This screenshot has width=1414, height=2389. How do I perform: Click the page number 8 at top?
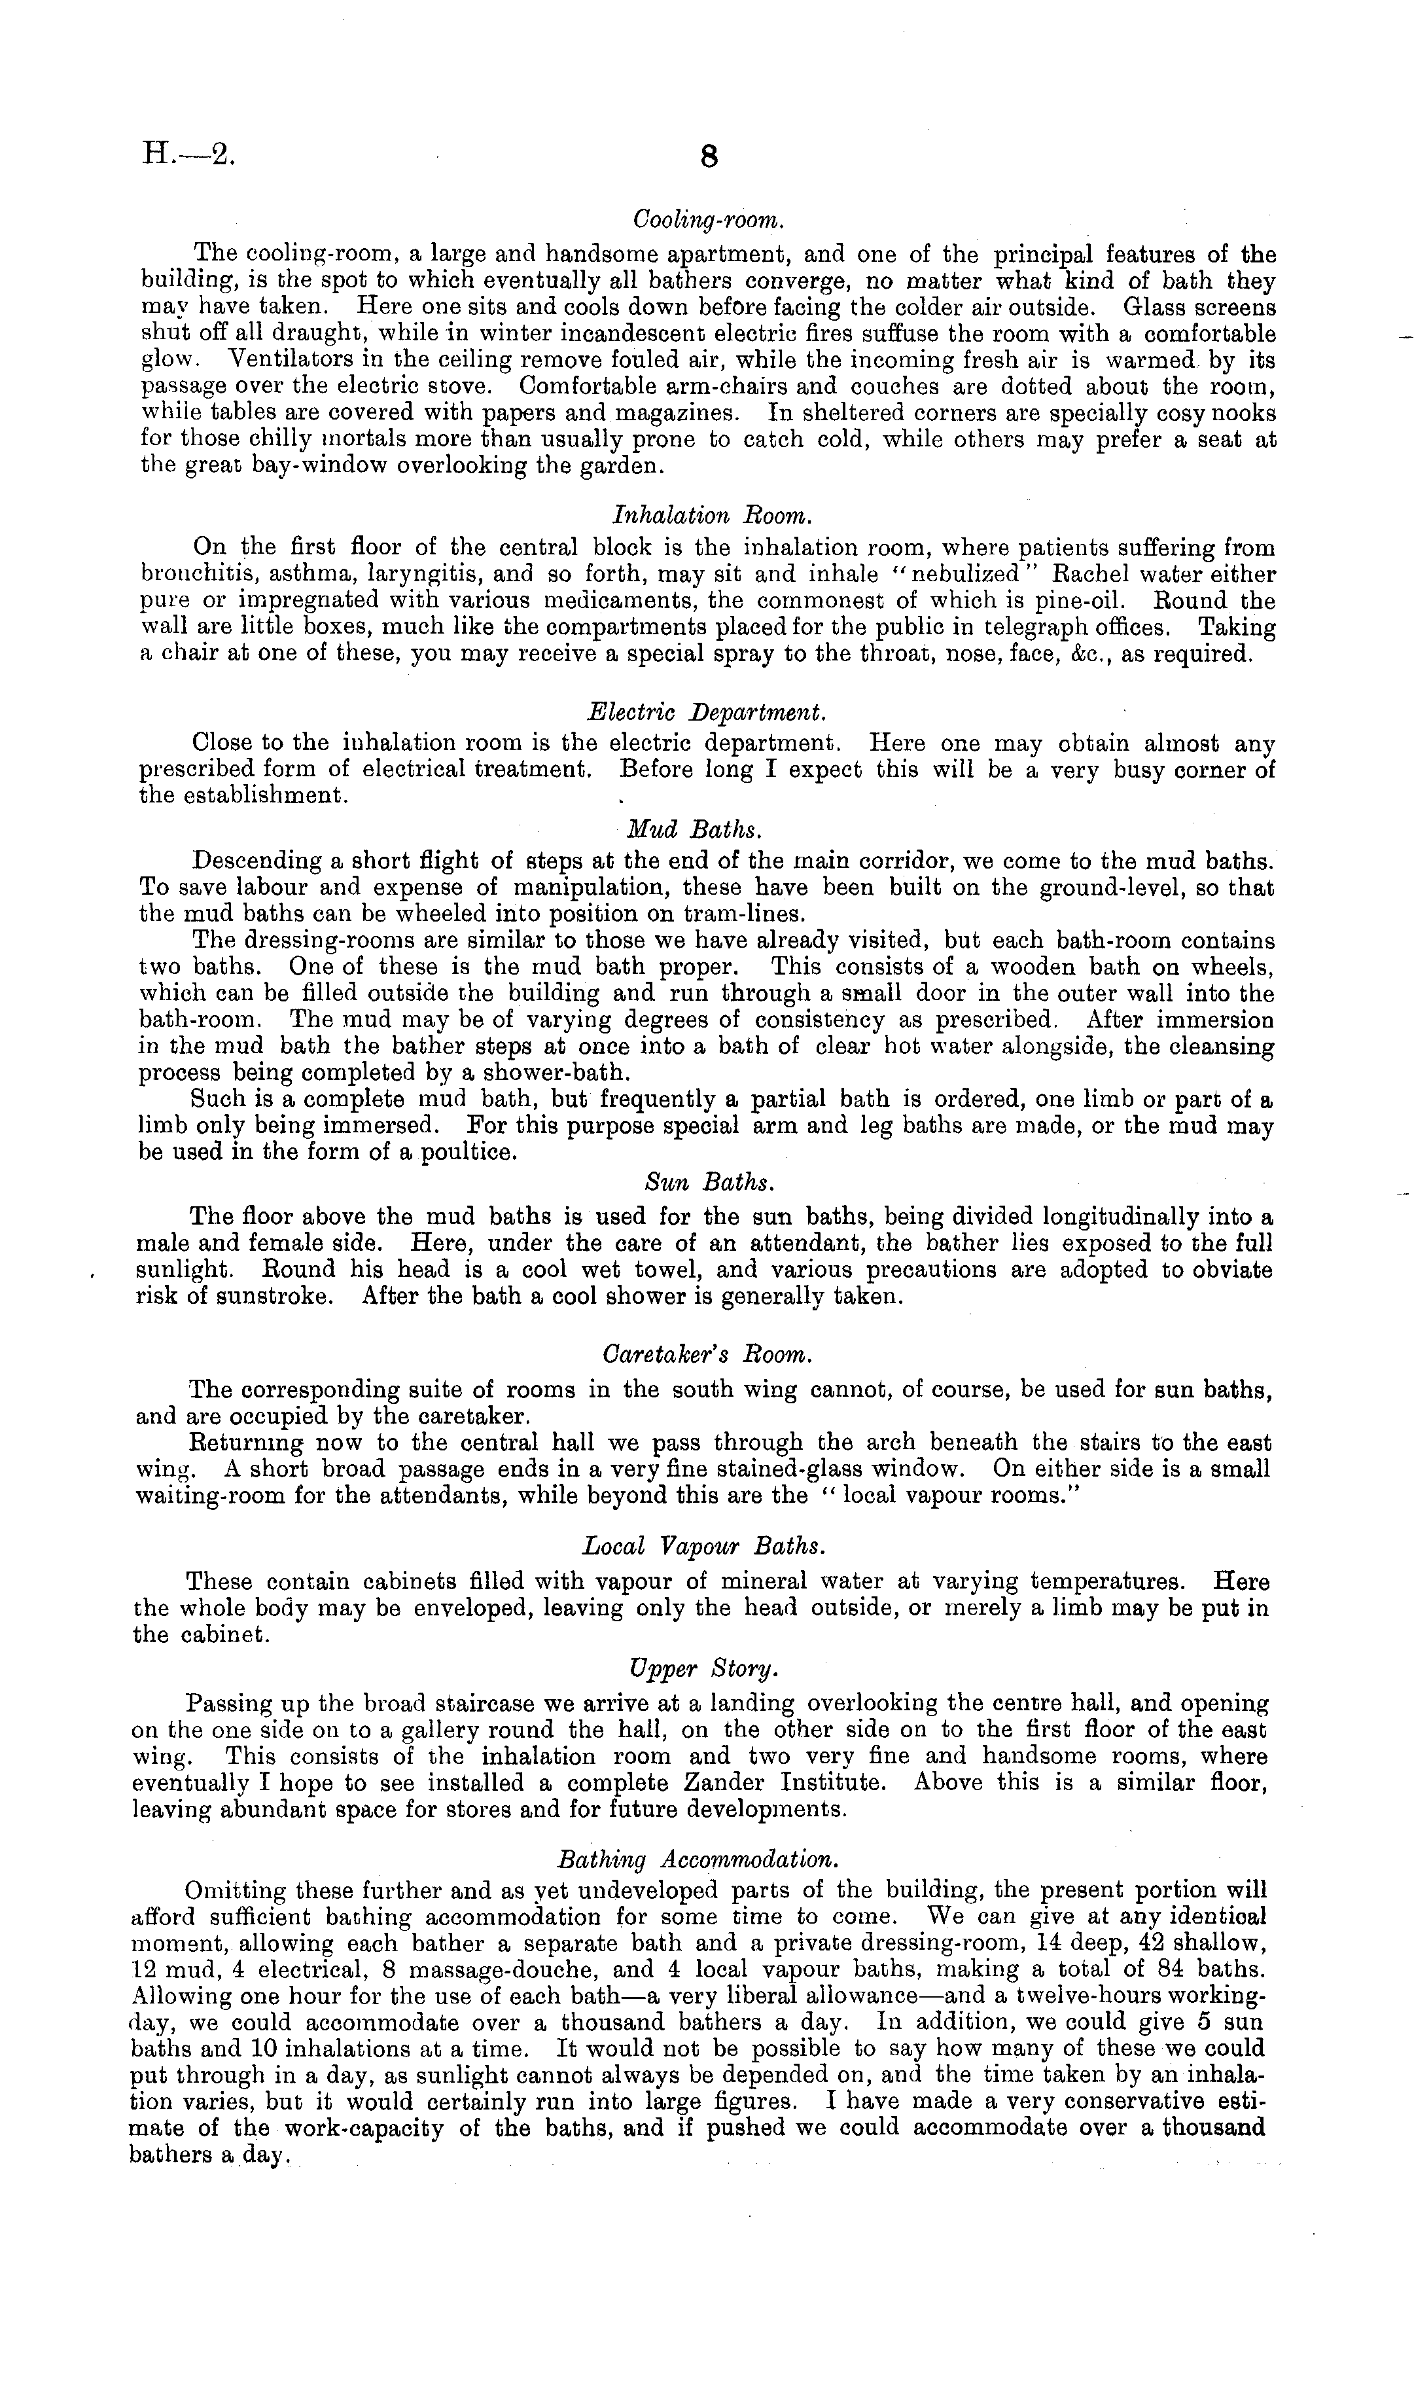[x=708, y=156]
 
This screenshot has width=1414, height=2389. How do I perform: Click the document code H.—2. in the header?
[x=186, y=153]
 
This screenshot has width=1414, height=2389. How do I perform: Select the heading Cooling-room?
[x=708, y=219]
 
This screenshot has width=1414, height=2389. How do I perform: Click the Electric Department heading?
[x=706, y=712]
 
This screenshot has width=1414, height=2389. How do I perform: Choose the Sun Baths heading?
[x=708, y=1183]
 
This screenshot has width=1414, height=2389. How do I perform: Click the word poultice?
[x=465, y=1152]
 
